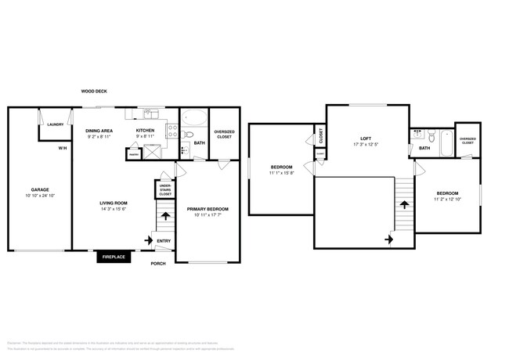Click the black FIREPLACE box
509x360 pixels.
coord(114,257)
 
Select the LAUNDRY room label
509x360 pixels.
coord(55,124)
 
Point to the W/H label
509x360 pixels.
coord(62,148)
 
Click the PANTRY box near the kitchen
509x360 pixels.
coord(134,155)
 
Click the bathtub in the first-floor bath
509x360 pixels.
coord(194,120)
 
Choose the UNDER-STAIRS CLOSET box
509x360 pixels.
coord(165,189)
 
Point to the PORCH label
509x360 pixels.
coord(159,263)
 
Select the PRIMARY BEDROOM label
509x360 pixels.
coord(208,209)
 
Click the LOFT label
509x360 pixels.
coord(365,139)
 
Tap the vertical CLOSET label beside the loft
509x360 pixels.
coord(320,135)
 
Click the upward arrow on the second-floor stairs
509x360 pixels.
coord(404,204)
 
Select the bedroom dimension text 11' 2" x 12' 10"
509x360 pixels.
coord(446,199)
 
